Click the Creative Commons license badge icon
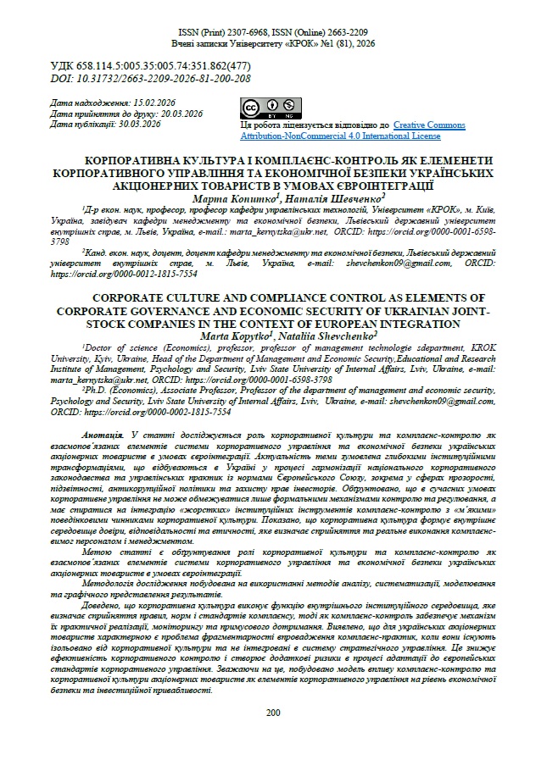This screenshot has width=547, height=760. (x=260, y=108)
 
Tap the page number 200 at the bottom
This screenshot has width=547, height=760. (x=273, y=712)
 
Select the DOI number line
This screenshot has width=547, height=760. (x=151, y=78)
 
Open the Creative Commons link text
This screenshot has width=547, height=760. (x=429, y=125)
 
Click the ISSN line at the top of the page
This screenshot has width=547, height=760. (x=273, y=31)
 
